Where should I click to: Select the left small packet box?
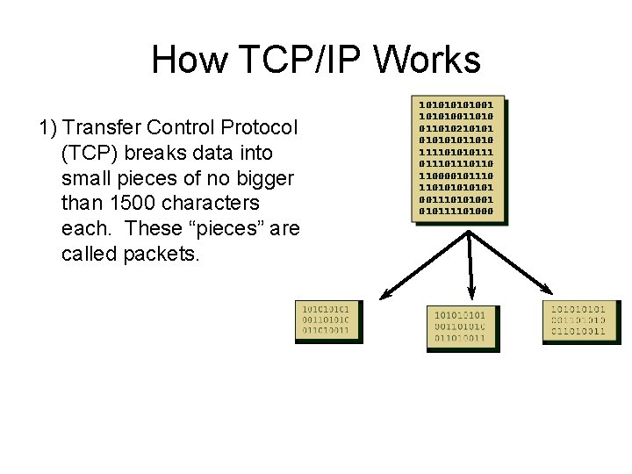(326, 322)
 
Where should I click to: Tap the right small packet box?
(583, 322)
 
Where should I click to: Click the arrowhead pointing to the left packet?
(383, 297)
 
